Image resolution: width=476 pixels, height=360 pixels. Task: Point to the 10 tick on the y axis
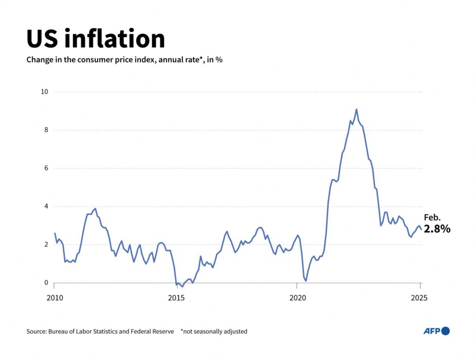pyautogui.click(x=44, y=92)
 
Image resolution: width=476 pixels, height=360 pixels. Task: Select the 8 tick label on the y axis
pyautogui.click(x=46, y=130)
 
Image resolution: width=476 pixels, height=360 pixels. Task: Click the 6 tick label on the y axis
pyautogui.click(x=46, y=168)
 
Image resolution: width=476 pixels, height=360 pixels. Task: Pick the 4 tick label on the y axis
pyautogui.click(x=46, y=206)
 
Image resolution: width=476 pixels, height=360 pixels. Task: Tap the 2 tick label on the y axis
pyautogui.click(x=46, y=245)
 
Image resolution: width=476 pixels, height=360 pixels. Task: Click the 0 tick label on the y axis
pyautogui.click(x=46, y=283)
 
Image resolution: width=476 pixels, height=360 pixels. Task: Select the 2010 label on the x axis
pyautogui.click(x=54, y=297)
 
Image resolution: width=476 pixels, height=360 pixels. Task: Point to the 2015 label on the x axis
pyautogui.click(x=176, y=297)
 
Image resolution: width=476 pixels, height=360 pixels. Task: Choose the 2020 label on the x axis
pyautogui.click(x=297, y=297)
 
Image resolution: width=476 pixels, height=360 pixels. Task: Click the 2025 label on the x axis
pyautogui.click(x=420, y=297)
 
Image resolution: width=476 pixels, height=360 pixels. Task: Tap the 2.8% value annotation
pyautogui.click(x=437, y=229)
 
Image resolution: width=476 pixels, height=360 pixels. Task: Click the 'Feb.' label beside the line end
pyautogui.click(x=432, y=217)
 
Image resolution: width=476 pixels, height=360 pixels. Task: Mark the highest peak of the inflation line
pyautogui.click(x=356, y=110)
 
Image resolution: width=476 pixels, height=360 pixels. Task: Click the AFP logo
pyautogui.click(x=436, y=331)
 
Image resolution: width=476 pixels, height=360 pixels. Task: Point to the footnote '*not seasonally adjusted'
pyautogui.click(x=214, y=332)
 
